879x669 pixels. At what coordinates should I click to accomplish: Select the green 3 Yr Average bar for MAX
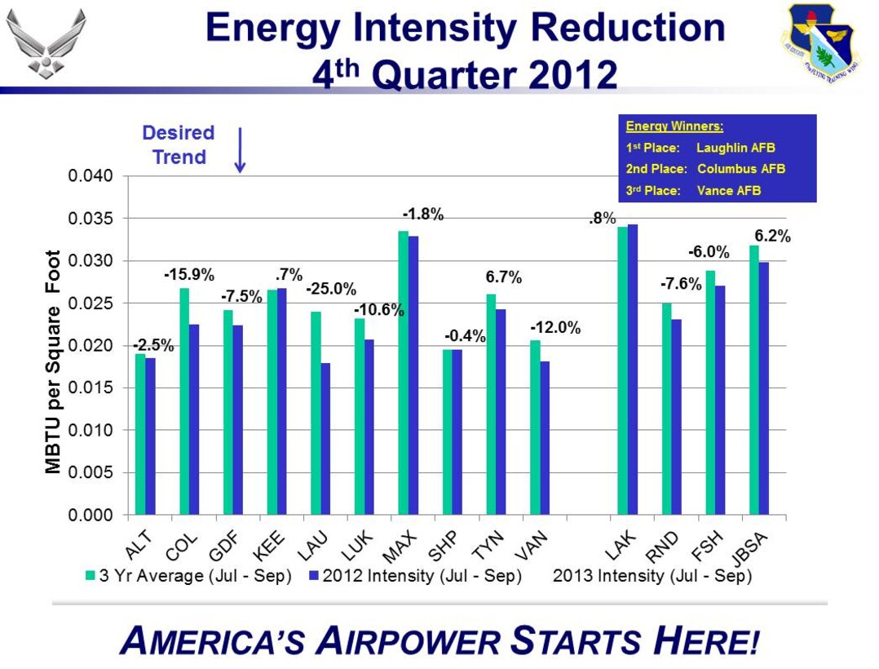tap(402, 373)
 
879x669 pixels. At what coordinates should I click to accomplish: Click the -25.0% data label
tap(331, 289)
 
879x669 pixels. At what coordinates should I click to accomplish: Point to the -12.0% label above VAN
tap(555, 328)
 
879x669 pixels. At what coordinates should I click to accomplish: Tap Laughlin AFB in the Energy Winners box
tap(735, 148)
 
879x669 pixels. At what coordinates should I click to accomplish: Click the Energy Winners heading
tap(674, 126)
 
